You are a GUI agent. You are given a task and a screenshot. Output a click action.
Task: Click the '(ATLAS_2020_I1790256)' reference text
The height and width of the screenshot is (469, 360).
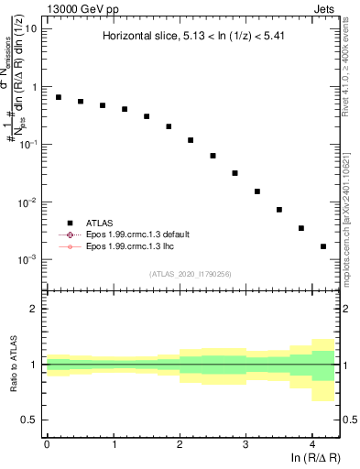pyautogui.click(x=191, y=274)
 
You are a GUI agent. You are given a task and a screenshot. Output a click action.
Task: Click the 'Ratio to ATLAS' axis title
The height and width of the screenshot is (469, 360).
pyautogui.click(x=12, y=365)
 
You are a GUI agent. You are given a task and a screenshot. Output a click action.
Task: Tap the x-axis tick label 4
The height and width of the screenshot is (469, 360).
pyautogui.click(x=312, y=443)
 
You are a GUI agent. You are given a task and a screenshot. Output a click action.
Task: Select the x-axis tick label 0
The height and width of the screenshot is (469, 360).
pyautogui.click(x=47, y=443)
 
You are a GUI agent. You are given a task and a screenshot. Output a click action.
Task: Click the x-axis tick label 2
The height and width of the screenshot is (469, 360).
pyautogui.click(x=180, y=443)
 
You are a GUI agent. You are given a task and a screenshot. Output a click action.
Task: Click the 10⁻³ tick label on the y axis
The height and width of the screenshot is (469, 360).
pyautogui.click(x=27, y=259)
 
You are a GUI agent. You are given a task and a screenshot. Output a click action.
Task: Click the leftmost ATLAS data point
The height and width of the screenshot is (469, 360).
pyautogui.click(x=58, y=97)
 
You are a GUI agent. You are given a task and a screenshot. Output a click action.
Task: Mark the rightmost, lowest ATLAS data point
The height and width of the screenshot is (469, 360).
pyautogui.click(x=323, y=246)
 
